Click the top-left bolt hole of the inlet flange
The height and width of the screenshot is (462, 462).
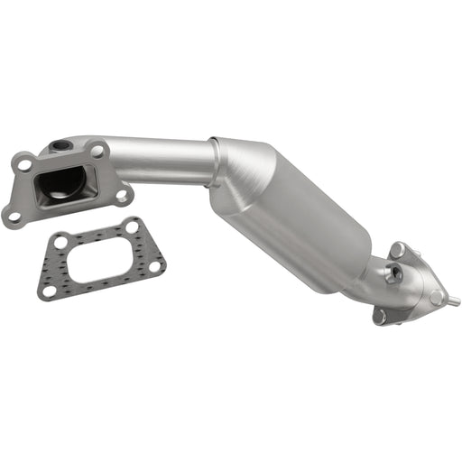[x=23, y=164]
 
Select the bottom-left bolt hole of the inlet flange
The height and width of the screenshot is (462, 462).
[x=12, y=214]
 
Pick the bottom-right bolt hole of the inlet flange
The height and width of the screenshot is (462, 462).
[x=121, y=193]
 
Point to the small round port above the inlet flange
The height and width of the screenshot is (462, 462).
[x=60, y=145]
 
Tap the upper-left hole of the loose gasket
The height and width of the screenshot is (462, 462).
[x=60, y=243]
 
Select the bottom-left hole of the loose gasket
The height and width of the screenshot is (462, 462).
[x=49, y=291]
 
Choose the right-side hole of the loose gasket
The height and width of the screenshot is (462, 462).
[x=154, y=266]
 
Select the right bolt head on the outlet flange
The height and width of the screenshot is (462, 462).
[x=436, y=297]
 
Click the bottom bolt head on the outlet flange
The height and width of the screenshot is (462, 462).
[x=379, y=316]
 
